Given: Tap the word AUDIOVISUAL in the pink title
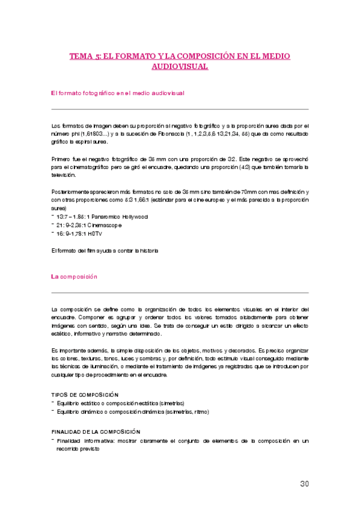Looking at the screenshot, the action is coord(180,67).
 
